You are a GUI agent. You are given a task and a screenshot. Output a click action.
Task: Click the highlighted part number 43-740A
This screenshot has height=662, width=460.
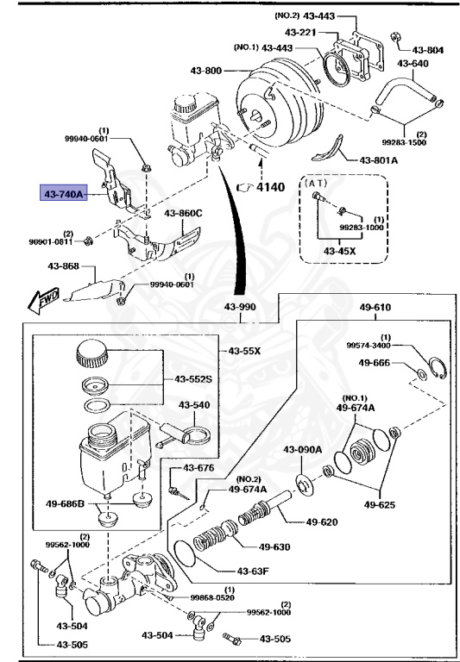click(x=63, y=196)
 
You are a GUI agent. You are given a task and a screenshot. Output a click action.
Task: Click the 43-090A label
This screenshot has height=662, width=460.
click(x=302, y=449)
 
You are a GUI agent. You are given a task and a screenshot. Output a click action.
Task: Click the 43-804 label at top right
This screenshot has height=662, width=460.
click(x=428, y=51)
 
